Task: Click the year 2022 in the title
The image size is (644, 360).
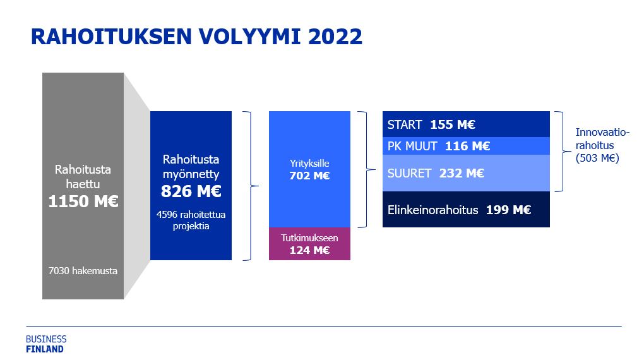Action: click(x=335, y=37)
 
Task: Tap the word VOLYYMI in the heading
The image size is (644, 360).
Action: click(x=250, y=37)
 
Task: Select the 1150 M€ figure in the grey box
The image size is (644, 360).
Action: click(x=83, y=201)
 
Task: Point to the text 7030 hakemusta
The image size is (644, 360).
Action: click(x=83, y=271)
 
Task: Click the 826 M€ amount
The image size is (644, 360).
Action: click(x=191, y=191)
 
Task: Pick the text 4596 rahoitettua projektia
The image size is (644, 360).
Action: click(x=191, y=220)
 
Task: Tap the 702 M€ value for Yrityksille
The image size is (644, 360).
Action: click(x=309, y=176)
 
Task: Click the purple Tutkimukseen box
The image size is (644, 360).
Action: click(x=309, y=244)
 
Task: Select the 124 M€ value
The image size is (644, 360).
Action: click(x=309, y=250)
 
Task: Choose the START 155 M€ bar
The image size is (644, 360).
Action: click(x=466, y=124)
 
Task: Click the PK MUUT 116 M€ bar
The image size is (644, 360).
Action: click(x=466, y=146)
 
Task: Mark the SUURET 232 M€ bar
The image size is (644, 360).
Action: click(x=466, y=173)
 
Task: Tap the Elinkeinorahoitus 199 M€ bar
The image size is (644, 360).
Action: click(x=466, y=210)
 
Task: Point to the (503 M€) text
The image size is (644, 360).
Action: click(x=597, y=159)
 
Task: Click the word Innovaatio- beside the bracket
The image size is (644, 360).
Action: click(x=602, y=133)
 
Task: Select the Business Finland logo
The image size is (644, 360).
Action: click(x=46, y=344)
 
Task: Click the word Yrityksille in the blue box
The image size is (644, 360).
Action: click(x=309, y=164)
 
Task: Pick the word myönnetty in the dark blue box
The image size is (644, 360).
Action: click(x=191, y=174)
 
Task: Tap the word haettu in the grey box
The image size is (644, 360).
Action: click(x=83, y=184)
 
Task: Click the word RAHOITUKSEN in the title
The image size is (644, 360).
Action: click(x=112, y=37)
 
